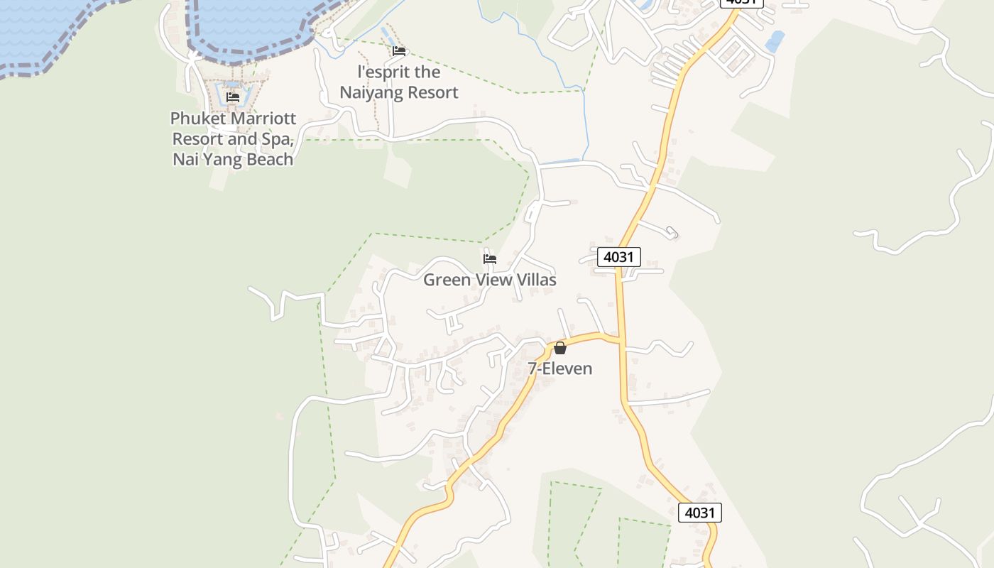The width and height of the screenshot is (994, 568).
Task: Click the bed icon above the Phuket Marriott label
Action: click(x=233, y=97)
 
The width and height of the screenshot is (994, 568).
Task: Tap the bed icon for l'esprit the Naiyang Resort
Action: click(x=399, y=51)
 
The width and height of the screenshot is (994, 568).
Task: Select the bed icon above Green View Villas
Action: click(x=490, y=258)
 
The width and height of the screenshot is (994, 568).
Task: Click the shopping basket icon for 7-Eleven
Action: click(x=560, y=348)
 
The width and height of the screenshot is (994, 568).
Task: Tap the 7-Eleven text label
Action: click(x=560, y=368)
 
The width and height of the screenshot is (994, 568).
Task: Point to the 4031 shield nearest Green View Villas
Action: click(x=618, y=256)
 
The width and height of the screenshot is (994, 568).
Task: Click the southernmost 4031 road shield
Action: click(x=699, y=512)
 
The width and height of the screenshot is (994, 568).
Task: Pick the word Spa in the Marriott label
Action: click(x=278, y=138)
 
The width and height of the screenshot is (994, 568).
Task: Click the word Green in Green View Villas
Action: click(x=447, y=280)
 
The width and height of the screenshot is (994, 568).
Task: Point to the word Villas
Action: click(x=535, y=280)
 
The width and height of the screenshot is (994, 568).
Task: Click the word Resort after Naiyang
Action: click(x=431, y=92)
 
